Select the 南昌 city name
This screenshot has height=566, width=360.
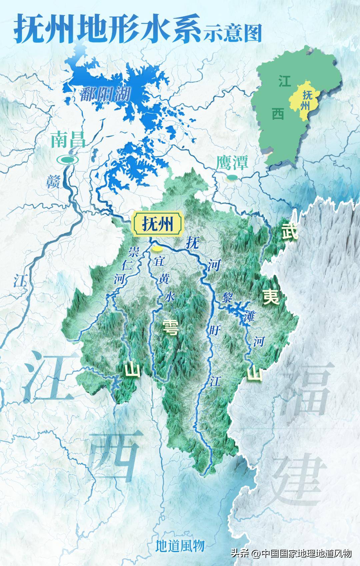(x=68, y=140)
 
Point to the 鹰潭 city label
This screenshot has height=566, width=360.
(x=232, y=163)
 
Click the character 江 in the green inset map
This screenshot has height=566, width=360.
(x=285, y=81)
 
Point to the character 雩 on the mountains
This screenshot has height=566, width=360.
(x=170, y=327)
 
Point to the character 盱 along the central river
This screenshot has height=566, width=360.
(x=213, y=331)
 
